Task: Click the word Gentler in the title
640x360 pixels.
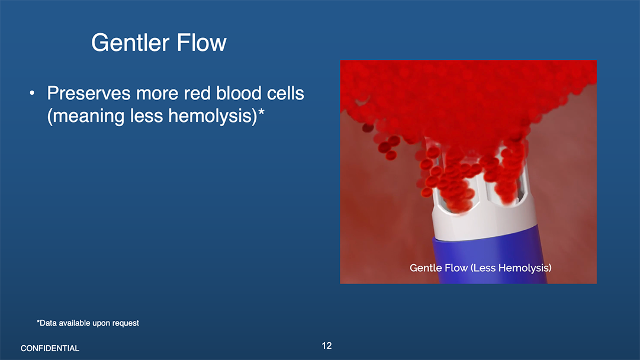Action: [x=130, y=43]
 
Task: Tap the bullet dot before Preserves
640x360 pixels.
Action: [x=32, y=94]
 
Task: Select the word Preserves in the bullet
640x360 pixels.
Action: [x=89, y=94]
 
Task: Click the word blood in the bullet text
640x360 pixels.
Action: [x=239, y=94]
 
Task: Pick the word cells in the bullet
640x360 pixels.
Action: [x=285, y=94]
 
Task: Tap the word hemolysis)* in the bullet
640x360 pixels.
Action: [x=216, y=116]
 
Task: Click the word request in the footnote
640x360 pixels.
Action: [x=126, y=323]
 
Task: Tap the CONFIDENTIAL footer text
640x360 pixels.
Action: [x=50, y=348]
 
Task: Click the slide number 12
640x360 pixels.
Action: [x=327, y=346]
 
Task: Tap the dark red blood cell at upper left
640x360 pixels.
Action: [x=368, y=128]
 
